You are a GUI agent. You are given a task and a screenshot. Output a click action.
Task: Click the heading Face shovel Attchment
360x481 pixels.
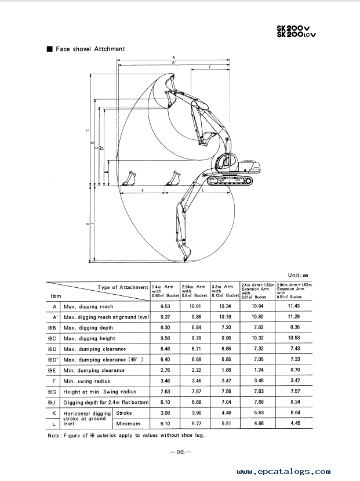click(x=90, y=49)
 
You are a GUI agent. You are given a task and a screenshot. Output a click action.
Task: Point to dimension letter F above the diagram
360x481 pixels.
click(x=209, y=68)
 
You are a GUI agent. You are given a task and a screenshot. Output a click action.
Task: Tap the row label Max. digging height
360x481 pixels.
click(x=89, y=338)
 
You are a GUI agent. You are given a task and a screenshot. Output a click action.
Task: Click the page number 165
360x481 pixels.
click(x=180, y=453)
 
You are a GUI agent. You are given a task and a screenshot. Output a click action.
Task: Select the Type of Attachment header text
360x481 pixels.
click(x=123, y=287)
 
